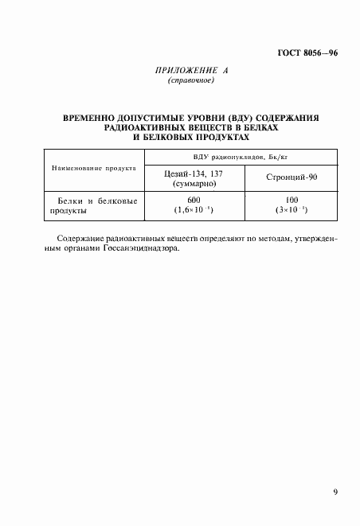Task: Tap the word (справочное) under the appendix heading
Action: (x=191, y=81)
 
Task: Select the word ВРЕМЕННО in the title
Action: (x=89, y=118)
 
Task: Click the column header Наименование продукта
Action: (x=94, y=169)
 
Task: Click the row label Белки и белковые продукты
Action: (x=93, y=207)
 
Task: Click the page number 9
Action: (x=335, y=493)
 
